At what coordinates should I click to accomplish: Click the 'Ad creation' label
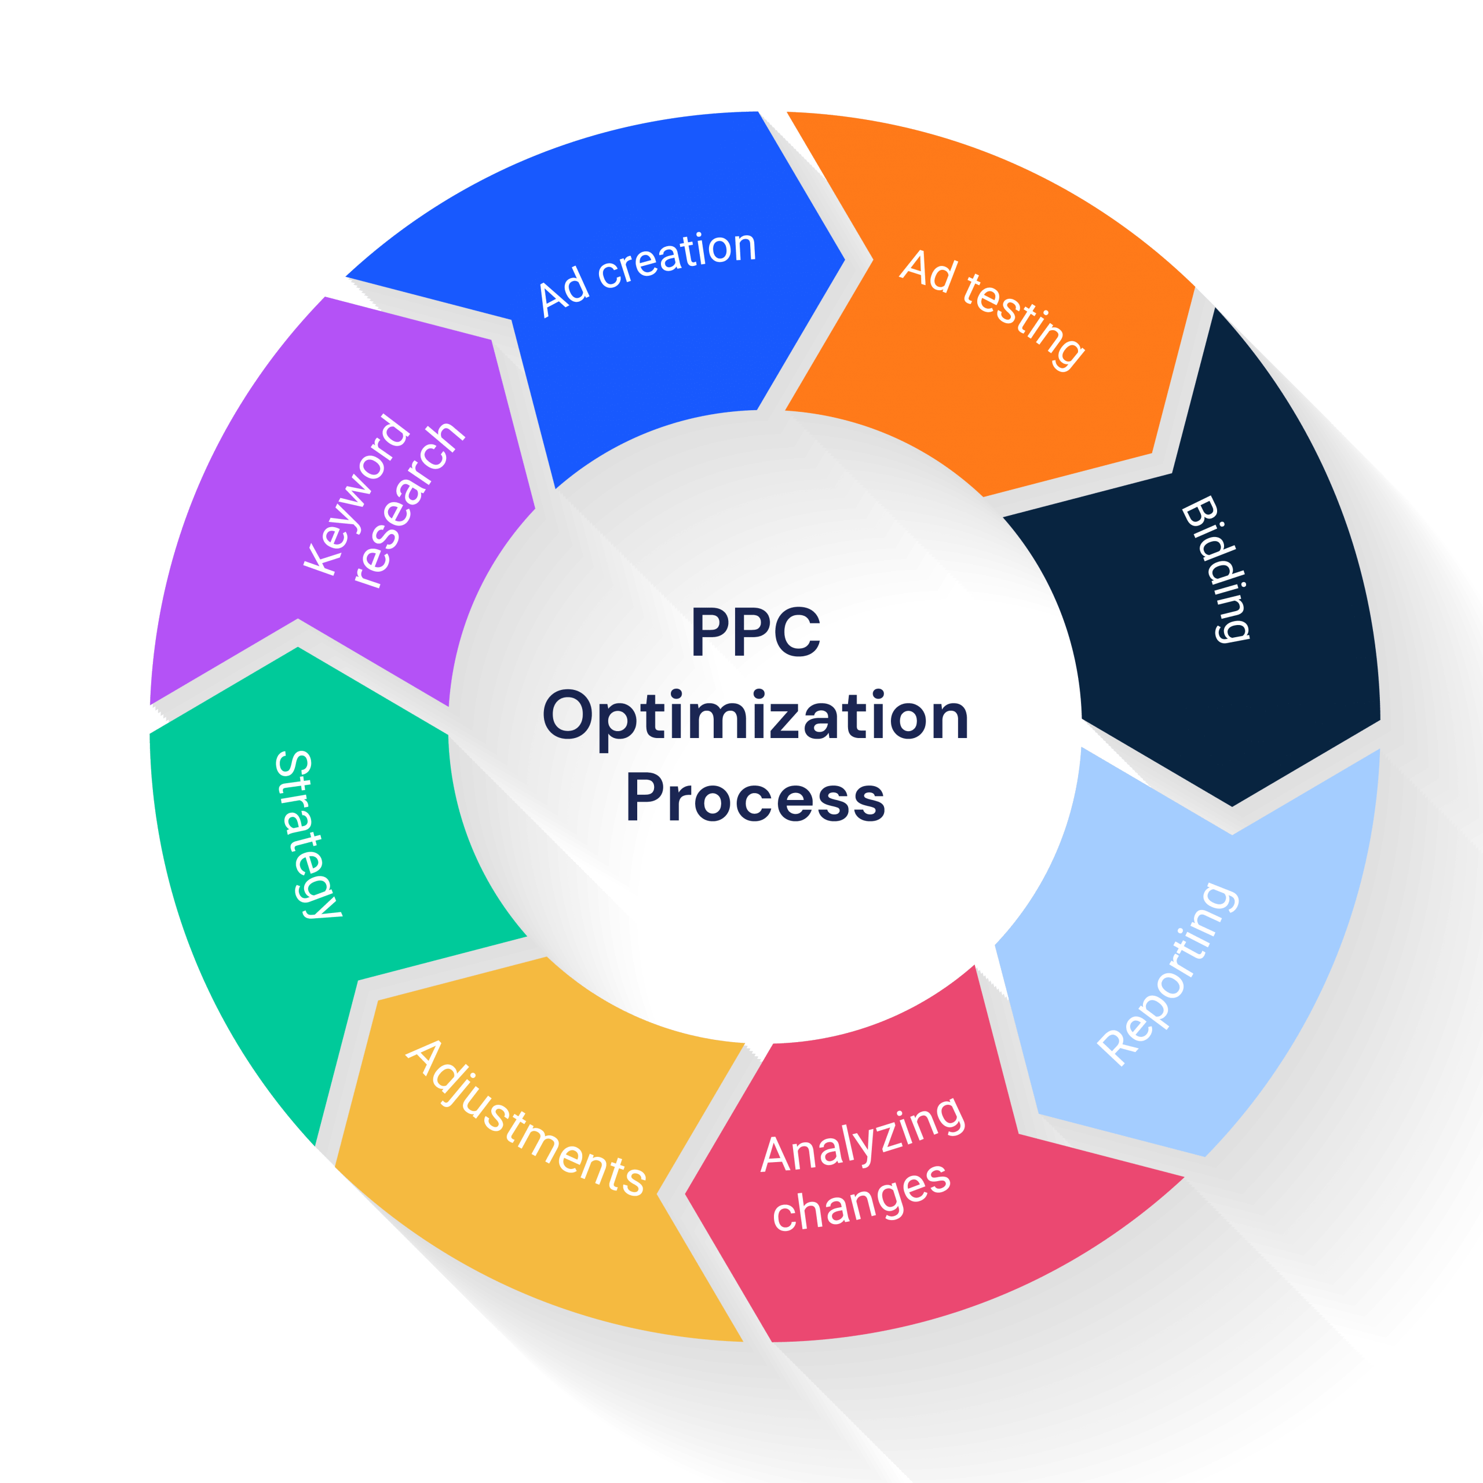[x=647, y=272]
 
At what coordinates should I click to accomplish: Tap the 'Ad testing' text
[x=991, y=309]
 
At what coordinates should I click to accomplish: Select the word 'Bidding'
[x=1215, y=569]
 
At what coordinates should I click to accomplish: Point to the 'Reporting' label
[x=1167, y=973]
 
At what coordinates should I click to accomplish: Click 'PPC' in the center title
[x=755, y=633]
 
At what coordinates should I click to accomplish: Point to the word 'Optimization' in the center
[x=755, y=715]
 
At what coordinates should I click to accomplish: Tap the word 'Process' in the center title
[x=755, y=798]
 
